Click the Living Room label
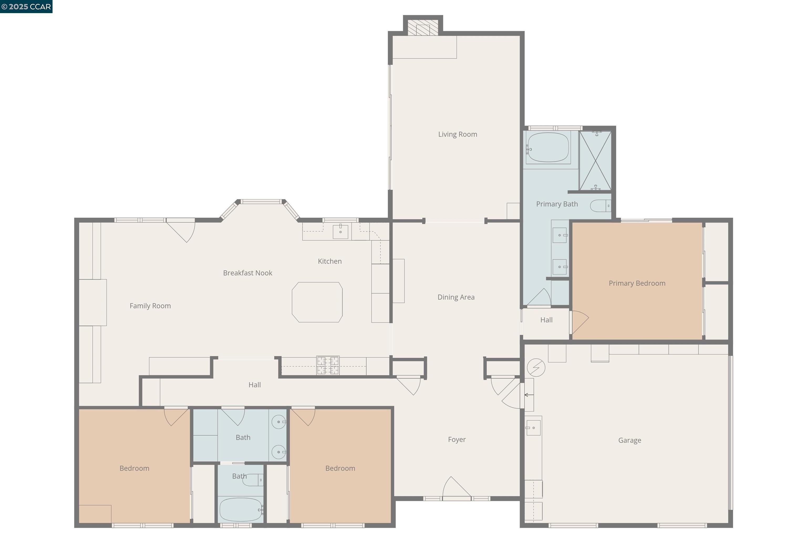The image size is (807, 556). click(457, 134)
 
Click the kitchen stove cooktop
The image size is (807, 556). click(328, 365)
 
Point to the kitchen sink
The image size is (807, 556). click(340, 232)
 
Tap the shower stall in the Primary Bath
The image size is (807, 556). click(596, 161)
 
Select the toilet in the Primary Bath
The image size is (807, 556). click(600, 206)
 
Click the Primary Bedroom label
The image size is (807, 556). click(637, 283)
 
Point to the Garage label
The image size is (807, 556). click(630, 440)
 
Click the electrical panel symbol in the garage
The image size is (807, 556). click(536, 367)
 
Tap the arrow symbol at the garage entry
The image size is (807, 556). click(529, 395)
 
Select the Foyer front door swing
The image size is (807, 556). click(457, 487)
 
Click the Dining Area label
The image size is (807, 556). click(456, 297)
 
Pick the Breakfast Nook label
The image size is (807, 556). click(247, 273)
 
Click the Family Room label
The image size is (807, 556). click(150, 306)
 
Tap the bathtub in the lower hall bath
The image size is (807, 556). click(241, 509)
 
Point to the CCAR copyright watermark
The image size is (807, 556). click(26, 7)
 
